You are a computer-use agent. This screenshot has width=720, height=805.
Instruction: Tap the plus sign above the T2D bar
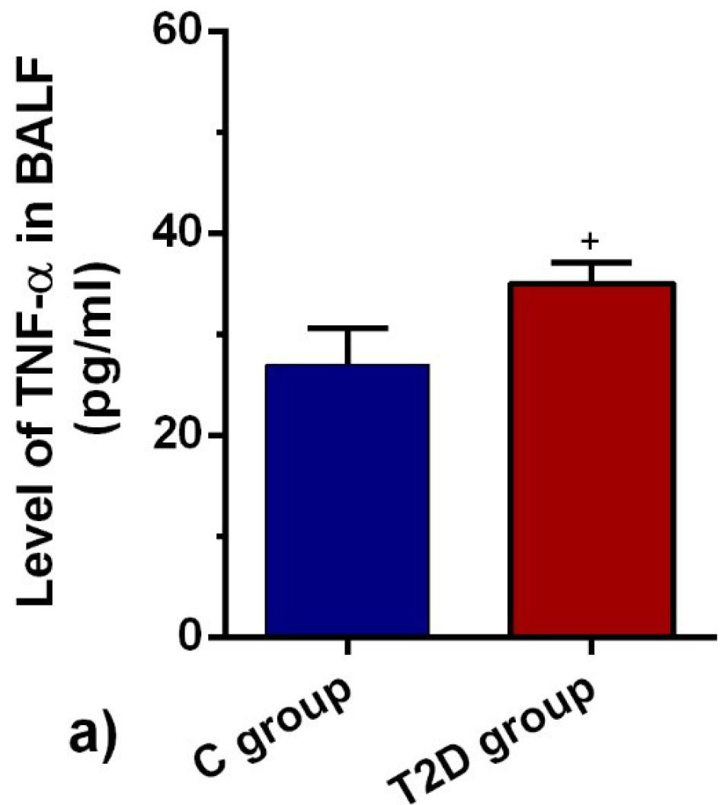pyautogui.click(x=590, y=241)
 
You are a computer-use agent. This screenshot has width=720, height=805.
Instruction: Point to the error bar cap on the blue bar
pyautogui.click(x=348, y=328)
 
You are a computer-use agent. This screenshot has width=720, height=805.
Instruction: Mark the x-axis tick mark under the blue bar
pyautogui.click(x=347, y=647)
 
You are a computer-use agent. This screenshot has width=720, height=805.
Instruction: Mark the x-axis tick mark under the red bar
pyautogui.click(x=591, y=647)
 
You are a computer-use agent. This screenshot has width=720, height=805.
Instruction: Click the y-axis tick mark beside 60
pyautogui.click(x=216, y=31)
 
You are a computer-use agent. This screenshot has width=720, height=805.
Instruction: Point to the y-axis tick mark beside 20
pyautogui.click(x=216, y=436)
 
